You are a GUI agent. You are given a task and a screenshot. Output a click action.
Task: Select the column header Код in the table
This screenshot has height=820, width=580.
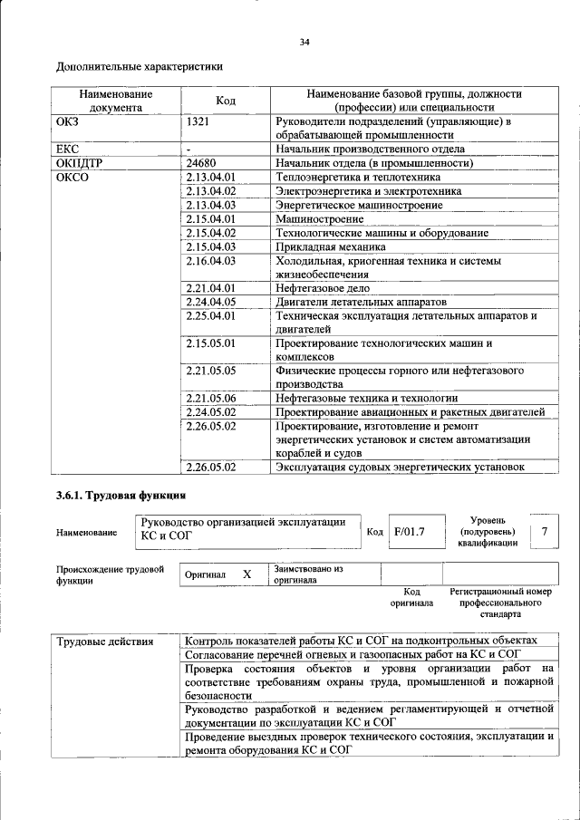tap(226, 101)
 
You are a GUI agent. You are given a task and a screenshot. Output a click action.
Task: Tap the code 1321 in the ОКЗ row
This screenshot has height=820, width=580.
tap(200, 121)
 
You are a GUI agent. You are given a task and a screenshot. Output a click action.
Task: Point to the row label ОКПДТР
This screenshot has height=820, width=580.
tap(80, 163)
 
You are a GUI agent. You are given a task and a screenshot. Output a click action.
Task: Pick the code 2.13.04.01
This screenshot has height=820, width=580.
tap(210, 177)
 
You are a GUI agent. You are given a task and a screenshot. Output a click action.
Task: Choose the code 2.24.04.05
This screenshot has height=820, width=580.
tap(210, 302)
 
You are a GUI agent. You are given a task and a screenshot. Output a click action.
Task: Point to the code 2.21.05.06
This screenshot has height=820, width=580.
tap(210, 398)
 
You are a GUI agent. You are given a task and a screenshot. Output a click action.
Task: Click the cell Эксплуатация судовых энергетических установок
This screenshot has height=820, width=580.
tap(401, 467)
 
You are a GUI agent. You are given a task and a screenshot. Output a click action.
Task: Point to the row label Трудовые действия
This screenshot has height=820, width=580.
tap(105, 642)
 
